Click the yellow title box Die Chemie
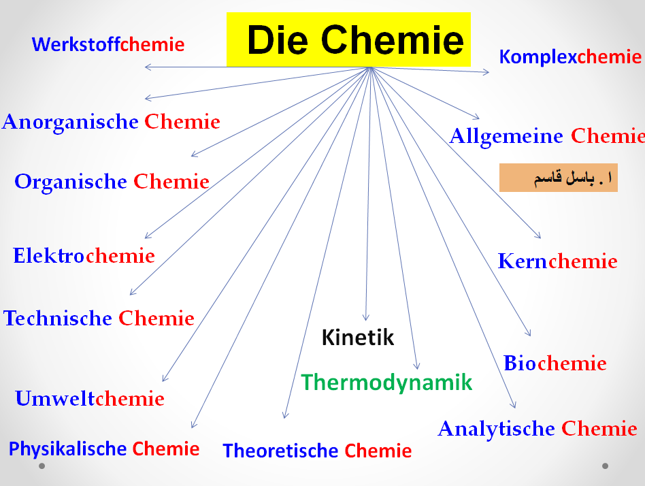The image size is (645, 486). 348,39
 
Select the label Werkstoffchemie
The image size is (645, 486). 108,45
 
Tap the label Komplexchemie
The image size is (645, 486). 570,56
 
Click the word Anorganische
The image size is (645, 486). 71,123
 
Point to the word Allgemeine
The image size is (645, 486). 506,137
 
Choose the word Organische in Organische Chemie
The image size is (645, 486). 71,182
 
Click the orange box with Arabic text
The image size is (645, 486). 558,178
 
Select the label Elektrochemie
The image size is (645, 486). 84,256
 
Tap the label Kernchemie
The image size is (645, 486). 557,261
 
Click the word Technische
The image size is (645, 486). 58,318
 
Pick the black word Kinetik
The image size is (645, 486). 357,337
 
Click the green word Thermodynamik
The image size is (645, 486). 386,382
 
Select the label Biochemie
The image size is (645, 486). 555,363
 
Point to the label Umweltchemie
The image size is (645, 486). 90,398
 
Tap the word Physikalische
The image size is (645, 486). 67,449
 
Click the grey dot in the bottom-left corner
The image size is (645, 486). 42,466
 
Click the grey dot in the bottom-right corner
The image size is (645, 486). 605,466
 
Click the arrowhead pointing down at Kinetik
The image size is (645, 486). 366,317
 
